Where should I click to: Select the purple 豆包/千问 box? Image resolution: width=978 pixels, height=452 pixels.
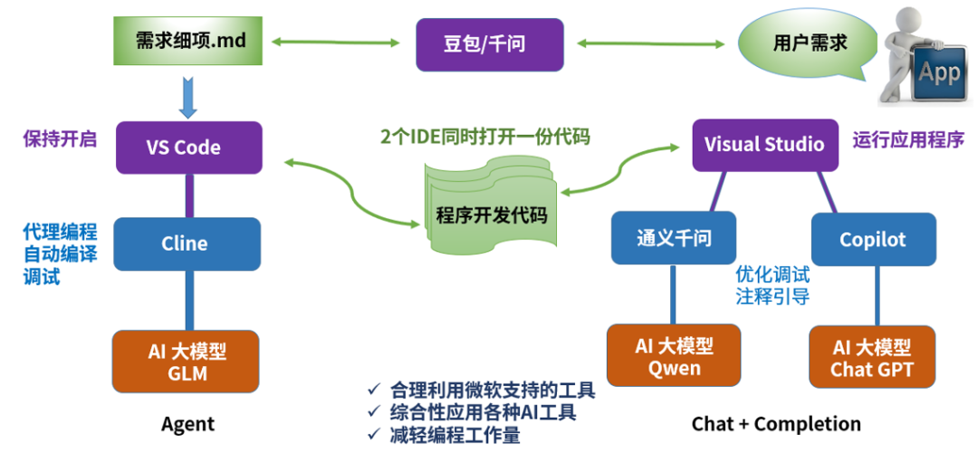click(x=490, y=43)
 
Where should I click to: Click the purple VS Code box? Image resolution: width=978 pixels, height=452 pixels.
click(x=189, y=147)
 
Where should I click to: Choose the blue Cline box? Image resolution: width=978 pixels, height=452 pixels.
click(x=185, y=243)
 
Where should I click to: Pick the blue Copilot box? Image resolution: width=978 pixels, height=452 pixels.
click(x=872, y=239)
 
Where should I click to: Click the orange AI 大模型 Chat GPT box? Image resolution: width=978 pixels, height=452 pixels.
click(x=872, y=359)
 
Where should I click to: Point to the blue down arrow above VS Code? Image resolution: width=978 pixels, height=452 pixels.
click(x=188, y=97)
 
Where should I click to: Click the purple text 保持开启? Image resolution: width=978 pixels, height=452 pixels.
click(x=60, y=139)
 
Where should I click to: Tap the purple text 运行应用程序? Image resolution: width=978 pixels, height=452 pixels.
click(x=908, y=139)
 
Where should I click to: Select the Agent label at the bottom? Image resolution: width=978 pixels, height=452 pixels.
click(x=187, y=424)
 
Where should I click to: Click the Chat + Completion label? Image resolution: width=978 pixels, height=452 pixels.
click(x=776, y=424)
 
